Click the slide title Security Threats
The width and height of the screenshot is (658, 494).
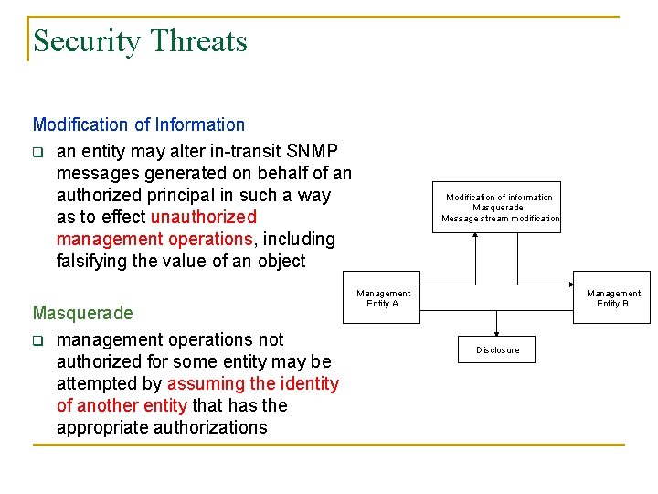pos(140,41)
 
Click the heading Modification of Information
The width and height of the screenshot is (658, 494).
pos(139,124)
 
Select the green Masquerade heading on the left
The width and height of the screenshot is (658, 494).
pos(82,313)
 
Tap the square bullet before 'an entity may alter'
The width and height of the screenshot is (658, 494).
pos(38,152)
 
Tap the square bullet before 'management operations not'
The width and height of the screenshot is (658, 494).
pos(38,341)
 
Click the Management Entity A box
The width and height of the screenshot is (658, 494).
pos(383,298)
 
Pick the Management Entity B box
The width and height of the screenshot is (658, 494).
pos(612,298)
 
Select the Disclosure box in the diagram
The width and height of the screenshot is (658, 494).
pos(497,349)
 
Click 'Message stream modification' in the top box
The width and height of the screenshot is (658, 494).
pos(500,219)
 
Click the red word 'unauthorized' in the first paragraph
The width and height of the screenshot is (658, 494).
pos(203,218)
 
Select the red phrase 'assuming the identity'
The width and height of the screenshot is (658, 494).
pos(253,384)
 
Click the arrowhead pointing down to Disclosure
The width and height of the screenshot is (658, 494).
pos(497,332)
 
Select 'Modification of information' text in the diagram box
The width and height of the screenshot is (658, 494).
pos(499,197)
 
